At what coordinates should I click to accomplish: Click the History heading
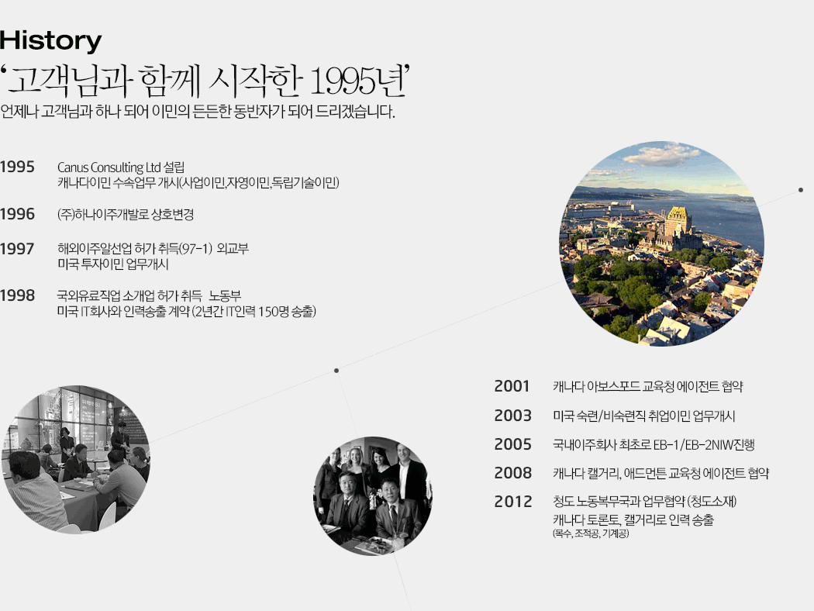(x=51, y=41)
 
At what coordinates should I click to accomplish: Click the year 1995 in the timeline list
(x=17, y=167)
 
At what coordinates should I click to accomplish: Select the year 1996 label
(x=17, y=214)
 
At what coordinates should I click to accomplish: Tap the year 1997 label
(x=17, y=249)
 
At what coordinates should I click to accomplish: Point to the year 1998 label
(x=17, y=295)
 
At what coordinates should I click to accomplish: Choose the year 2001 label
(x=512, y=386)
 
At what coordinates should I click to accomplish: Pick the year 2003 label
(x=513, y=416)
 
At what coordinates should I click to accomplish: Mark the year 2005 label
(x=513, y=444)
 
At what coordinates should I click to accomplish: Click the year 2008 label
(x=513, y=473)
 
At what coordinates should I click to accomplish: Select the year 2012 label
(x=513, y=502)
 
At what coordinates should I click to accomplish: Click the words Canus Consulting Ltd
(x=109, y=167)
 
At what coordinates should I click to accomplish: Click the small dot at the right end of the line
(x=801, y=190)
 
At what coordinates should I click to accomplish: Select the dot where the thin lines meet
(x=336, y=370)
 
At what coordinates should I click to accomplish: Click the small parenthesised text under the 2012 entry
(x=591, y=533)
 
